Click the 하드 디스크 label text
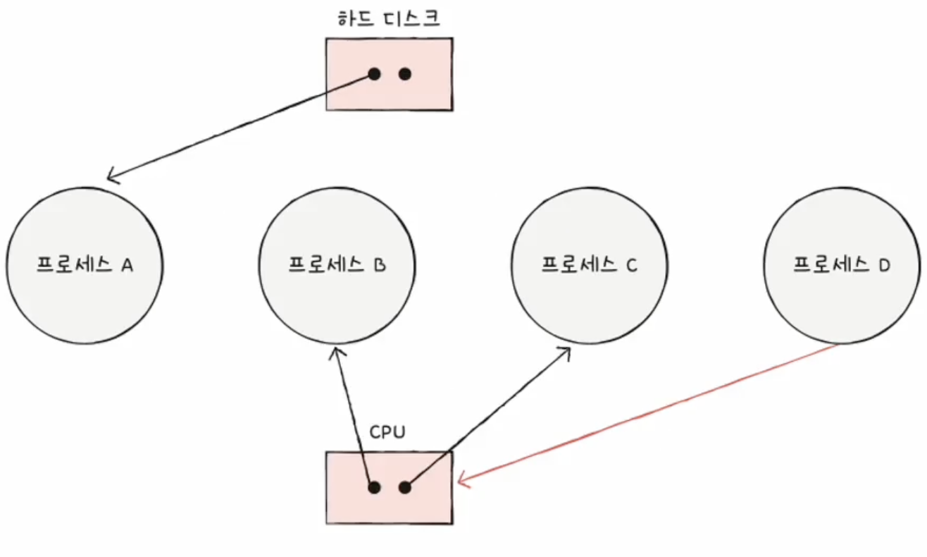[x=389, y=18]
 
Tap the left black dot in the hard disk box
[x=374, y=74]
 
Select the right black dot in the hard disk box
[x=405, y=74]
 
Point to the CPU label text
[x=387, y=432]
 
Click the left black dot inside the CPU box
[x=374, y=487]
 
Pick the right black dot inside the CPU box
[x=405, y=487]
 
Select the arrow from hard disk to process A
[x=241, y=126]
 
